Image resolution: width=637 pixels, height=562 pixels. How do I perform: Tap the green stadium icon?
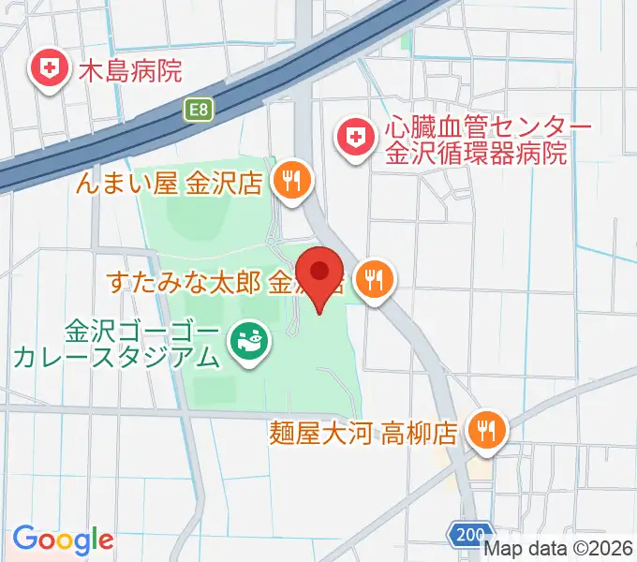point(248,343)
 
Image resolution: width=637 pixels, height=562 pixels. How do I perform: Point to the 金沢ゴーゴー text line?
point(142,331)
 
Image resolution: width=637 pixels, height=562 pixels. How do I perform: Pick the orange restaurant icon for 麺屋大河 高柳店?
point(486,431)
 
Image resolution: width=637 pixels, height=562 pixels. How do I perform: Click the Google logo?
point(63,540)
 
